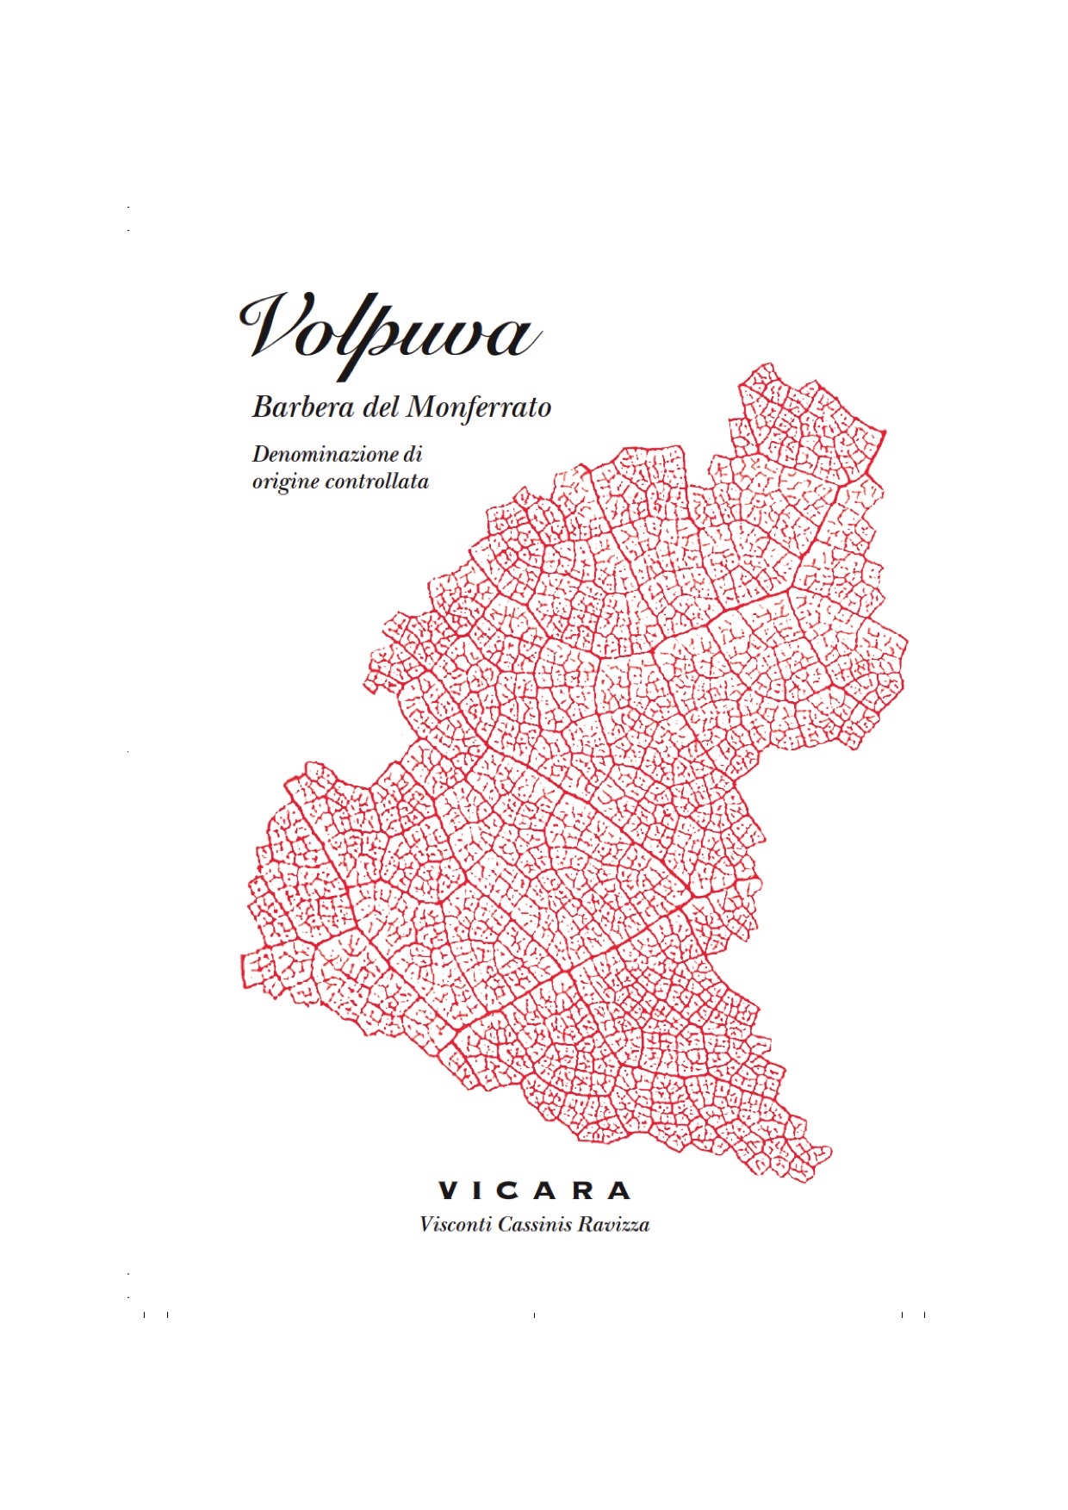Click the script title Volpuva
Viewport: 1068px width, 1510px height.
click(x=389, y=330)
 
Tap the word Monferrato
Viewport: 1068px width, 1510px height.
click(x=478, y=407)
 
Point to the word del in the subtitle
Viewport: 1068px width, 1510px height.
click(x=380, y=407)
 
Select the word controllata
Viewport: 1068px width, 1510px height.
click(x=377, y=482)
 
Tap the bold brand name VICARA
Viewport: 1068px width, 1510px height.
click(x=535, y=1191)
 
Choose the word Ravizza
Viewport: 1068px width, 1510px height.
click(x=614, y=1224)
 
